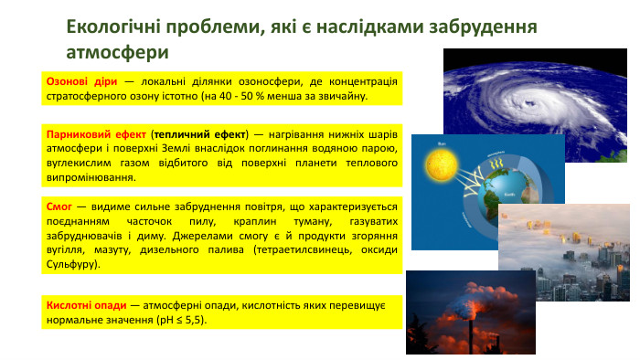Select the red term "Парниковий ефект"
point(96,132)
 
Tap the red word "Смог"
point(59,206)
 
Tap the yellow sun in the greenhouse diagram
point(441,166)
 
